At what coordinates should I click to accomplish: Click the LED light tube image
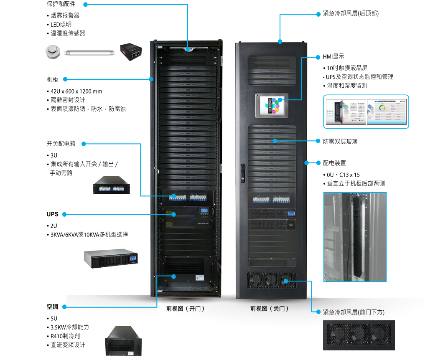[x=89, y=53]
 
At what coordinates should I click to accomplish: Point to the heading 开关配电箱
[x=61, y=144]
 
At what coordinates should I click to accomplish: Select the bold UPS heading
[x=52, y=214]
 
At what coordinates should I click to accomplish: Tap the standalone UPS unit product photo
[x=111, y=257]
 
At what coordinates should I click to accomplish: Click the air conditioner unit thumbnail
[x=123, y=340]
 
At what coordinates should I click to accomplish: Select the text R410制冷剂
[x=65, y=336]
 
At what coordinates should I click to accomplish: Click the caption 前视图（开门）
[x=185, y=309]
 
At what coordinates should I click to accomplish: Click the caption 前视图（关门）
[x=270, y=309]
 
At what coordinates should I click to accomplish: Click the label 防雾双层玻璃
[x=340, y=142]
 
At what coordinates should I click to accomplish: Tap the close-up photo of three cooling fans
[x=359, y=335]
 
